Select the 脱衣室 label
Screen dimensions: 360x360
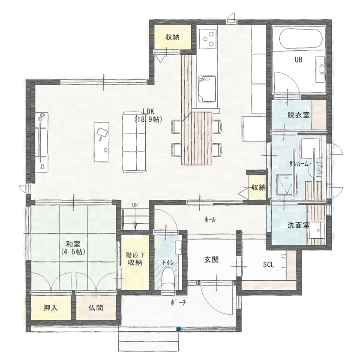(299, 115)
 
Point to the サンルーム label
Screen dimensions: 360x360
(298, 164)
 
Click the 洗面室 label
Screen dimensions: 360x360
(298, 225)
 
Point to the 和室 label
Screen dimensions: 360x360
(73, 248)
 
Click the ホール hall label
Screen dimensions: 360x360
(210, 219)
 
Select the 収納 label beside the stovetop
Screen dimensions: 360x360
(173, 37)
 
